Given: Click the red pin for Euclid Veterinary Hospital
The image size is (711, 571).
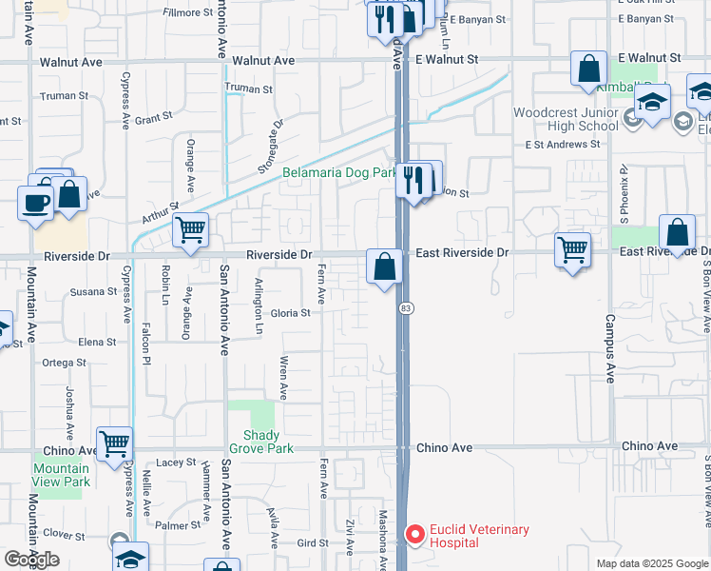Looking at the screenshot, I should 414,534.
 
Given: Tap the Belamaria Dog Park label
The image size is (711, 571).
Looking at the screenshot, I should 339,173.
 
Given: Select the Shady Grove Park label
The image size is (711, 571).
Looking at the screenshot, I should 261,442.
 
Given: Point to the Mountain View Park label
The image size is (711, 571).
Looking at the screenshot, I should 61,475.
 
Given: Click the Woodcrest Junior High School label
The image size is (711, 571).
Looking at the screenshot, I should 566,119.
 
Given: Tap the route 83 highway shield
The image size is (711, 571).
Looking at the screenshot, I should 406,308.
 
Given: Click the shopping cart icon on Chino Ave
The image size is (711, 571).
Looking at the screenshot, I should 114,443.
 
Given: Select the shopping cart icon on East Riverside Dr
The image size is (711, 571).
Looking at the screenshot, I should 572,249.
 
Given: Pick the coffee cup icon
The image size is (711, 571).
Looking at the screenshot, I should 36,202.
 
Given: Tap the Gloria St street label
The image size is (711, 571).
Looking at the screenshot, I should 291,313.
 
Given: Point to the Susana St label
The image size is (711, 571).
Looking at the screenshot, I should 92,292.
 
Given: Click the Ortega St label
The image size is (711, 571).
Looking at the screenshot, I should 65,363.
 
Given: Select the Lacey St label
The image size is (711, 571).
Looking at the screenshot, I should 176,463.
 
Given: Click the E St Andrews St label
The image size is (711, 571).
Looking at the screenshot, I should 563,146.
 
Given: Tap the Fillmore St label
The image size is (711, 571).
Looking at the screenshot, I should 187,12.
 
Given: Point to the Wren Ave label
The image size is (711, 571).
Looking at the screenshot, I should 283,378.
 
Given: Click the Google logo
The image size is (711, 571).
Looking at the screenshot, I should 31,560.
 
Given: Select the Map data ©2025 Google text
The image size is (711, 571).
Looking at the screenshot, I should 651,563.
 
